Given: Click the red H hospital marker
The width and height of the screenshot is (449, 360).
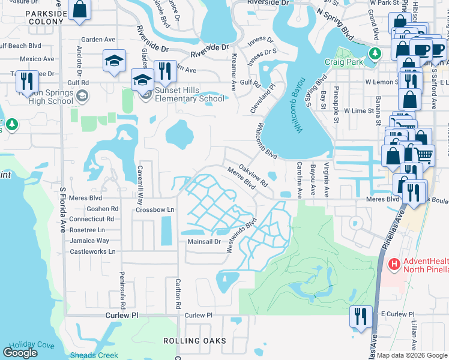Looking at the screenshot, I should click(394, 263).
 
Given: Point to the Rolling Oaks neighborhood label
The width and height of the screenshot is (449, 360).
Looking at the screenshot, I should click(195, 341).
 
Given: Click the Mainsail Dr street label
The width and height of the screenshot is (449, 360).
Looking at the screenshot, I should click(205, 242).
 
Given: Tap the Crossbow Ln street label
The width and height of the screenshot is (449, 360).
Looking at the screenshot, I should click(154, 209).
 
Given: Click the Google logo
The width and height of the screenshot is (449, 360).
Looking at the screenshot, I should click(20, 353).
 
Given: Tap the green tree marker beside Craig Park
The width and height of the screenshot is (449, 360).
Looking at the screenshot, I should click(375, 54).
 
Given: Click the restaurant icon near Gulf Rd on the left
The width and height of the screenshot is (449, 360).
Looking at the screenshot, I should click(26, 81).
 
